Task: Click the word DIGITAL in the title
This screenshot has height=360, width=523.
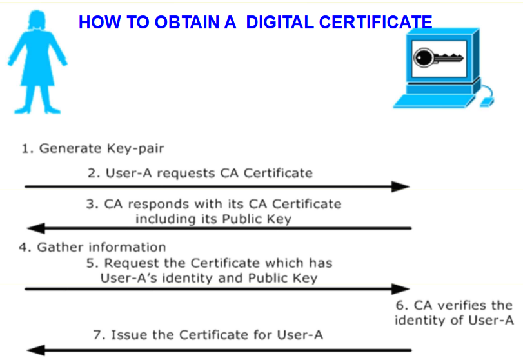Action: coord(280,23)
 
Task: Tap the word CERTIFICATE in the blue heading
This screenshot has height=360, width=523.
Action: coord(376,23)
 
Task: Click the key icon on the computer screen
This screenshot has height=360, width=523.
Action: coord(438,58)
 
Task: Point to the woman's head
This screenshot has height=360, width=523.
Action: coord(36,19)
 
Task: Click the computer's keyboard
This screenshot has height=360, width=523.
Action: coord(434,101)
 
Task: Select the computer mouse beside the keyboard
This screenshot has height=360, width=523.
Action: coord(487,102)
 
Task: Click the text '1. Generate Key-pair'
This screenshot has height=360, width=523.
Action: coord(92,148)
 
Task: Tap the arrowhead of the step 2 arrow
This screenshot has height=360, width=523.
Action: coord(400,186)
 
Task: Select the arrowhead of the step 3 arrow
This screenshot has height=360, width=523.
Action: coord(36,228)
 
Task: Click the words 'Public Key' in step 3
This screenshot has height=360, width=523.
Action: coord(257,219)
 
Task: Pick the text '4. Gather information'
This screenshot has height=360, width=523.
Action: coord(92,247)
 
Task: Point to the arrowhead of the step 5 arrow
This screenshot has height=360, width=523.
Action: coord(400,289)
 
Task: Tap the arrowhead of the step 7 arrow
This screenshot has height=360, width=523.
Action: coord(36,350)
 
